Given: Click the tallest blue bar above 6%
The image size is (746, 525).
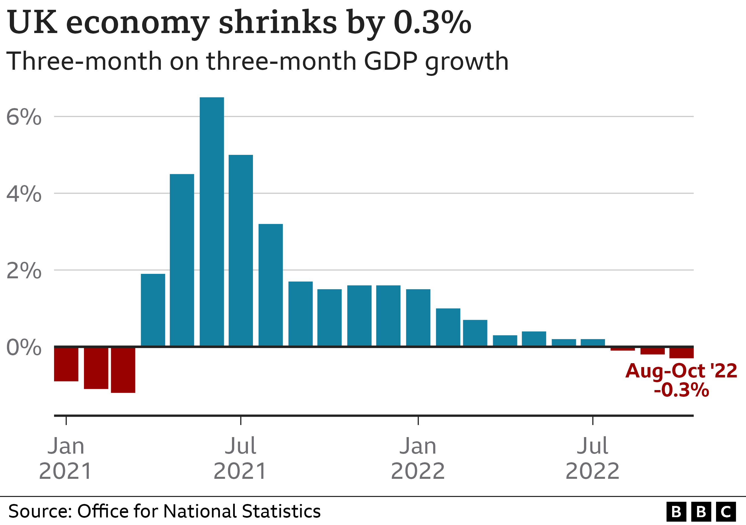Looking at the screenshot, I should (212, 221).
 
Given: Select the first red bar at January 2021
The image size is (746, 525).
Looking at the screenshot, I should (66, 364).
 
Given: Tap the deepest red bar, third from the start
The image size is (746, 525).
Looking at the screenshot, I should (123, 370).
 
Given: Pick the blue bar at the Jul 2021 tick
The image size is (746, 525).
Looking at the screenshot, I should (240, 250).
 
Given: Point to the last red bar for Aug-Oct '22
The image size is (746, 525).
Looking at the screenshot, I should (681, 353).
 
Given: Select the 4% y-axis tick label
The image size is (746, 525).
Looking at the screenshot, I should (24, 194).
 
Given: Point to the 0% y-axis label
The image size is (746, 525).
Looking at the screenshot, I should (24, 347).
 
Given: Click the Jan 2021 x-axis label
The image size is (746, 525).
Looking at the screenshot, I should (66, 458).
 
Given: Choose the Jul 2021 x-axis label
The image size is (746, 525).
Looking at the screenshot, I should (240, 458).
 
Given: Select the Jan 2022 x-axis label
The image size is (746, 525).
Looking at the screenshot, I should (418, 458).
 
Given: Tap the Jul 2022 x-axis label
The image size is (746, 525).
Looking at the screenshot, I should (592, 458).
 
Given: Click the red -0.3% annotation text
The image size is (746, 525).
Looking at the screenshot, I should (681, 390).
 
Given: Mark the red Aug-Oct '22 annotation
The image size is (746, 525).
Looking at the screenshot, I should (681, 371).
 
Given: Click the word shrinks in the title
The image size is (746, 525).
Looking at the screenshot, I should (278, 23).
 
